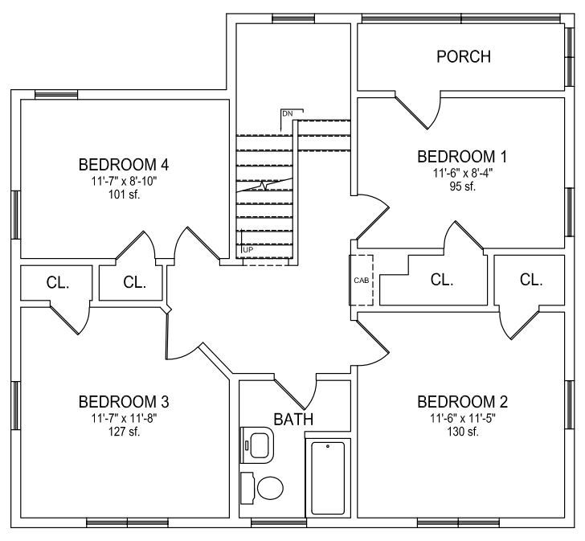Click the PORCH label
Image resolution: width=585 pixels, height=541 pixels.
click(464, 56)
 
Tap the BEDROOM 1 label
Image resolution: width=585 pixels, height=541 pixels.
click(462, 157)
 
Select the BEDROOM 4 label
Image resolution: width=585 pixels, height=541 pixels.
click(124, 165)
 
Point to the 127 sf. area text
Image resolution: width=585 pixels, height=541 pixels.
click(125, 432)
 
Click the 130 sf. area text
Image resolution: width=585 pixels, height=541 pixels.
click(463, 432)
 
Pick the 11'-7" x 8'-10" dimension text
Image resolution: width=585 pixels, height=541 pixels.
click(125, 182)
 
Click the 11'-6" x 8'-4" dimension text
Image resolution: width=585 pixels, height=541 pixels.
click(463, 173)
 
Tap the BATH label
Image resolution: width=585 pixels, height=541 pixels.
click(293, 420)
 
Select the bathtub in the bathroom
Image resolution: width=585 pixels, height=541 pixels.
click(328, 478)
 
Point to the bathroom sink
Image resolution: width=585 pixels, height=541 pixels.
click(257, 445)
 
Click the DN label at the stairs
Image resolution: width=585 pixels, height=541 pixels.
click(288, 114)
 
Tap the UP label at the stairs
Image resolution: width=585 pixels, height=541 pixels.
click(248, 250)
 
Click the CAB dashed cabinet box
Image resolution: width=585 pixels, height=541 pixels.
click(361, 281)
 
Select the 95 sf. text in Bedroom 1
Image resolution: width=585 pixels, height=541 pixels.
click(463, 186)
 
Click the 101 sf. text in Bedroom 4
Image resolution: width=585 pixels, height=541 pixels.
click(125, 195)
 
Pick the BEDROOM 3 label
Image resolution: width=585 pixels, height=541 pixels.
click(124, 402)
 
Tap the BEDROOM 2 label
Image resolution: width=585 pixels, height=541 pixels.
click(462, 402)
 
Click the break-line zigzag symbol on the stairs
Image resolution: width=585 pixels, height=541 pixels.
click(264, 185)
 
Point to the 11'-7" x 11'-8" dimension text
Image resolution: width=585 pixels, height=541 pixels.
click(125, 418)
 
